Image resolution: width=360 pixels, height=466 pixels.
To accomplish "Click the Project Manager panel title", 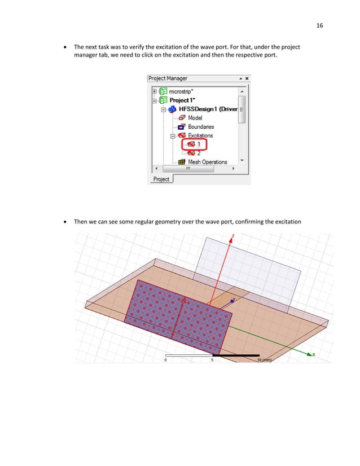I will click(x=168, y=78).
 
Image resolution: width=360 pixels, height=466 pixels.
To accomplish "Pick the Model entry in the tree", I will click(x=195, y=118).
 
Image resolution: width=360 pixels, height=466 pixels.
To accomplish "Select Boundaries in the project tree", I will click(x=200, y=127).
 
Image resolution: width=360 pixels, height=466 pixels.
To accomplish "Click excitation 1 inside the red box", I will click(x=198, y=144).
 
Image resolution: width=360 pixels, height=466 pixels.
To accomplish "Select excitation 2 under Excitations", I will click(x=198, y=153).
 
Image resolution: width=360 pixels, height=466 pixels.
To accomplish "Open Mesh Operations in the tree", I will click(x=207, y=162).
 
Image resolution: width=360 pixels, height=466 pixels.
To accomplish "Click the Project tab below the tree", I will click(x=161, y=179).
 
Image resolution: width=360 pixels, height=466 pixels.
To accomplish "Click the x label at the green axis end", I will click(x=313, y=355).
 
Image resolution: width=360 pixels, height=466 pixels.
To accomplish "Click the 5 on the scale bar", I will click(x=212, y=359).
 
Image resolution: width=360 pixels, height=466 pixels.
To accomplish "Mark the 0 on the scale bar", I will click(x=165, y=359).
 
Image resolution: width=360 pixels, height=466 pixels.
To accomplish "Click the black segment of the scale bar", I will click(x=235, y=355).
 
